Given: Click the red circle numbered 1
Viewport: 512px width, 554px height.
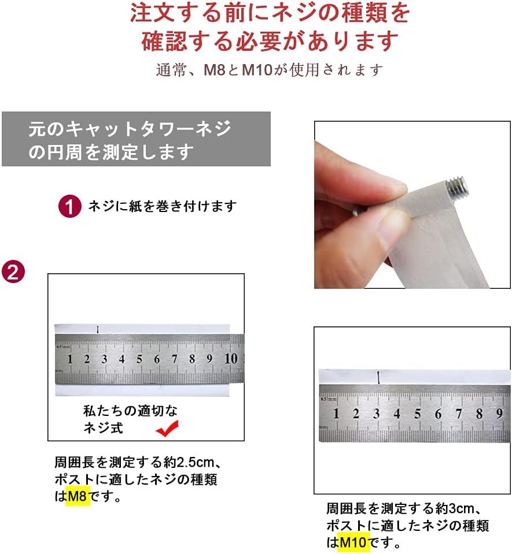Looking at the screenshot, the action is [69, 206].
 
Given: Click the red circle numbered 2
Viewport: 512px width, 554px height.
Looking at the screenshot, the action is [13, 272].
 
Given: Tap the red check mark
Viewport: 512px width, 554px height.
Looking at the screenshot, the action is [167, 429].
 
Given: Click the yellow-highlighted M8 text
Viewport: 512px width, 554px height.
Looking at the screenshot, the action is [78, 496].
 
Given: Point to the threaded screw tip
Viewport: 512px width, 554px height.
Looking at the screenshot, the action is [459, 188].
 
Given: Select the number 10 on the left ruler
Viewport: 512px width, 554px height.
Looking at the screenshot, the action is [231, 359].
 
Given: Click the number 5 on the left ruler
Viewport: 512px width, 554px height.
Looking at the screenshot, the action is [139, 359].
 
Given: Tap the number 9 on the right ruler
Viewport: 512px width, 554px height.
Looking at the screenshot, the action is [499, 414].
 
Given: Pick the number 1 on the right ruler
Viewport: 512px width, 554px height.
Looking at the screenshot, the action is [336, 414].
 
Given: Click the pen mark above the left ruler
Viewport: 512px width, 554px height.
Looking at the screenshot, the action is [98, 329].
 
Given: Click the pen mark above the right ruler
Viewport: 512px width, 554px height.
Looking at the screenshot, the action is [378, 377].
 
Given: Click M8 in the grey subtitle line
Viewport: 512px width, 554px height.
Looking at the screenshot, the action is [215, 70].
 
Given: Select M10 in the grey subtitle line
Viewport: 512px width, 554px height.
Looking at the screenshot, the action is [257, 70].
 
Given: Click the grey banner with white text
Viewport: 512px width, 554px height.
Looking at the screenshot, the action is [136, 139].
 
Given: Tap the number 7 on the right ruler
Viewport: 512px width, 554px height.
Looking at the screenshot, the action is [459, 414].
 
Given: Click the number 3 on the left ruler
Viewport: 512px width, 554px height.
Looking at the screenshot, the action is [104, 359].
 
